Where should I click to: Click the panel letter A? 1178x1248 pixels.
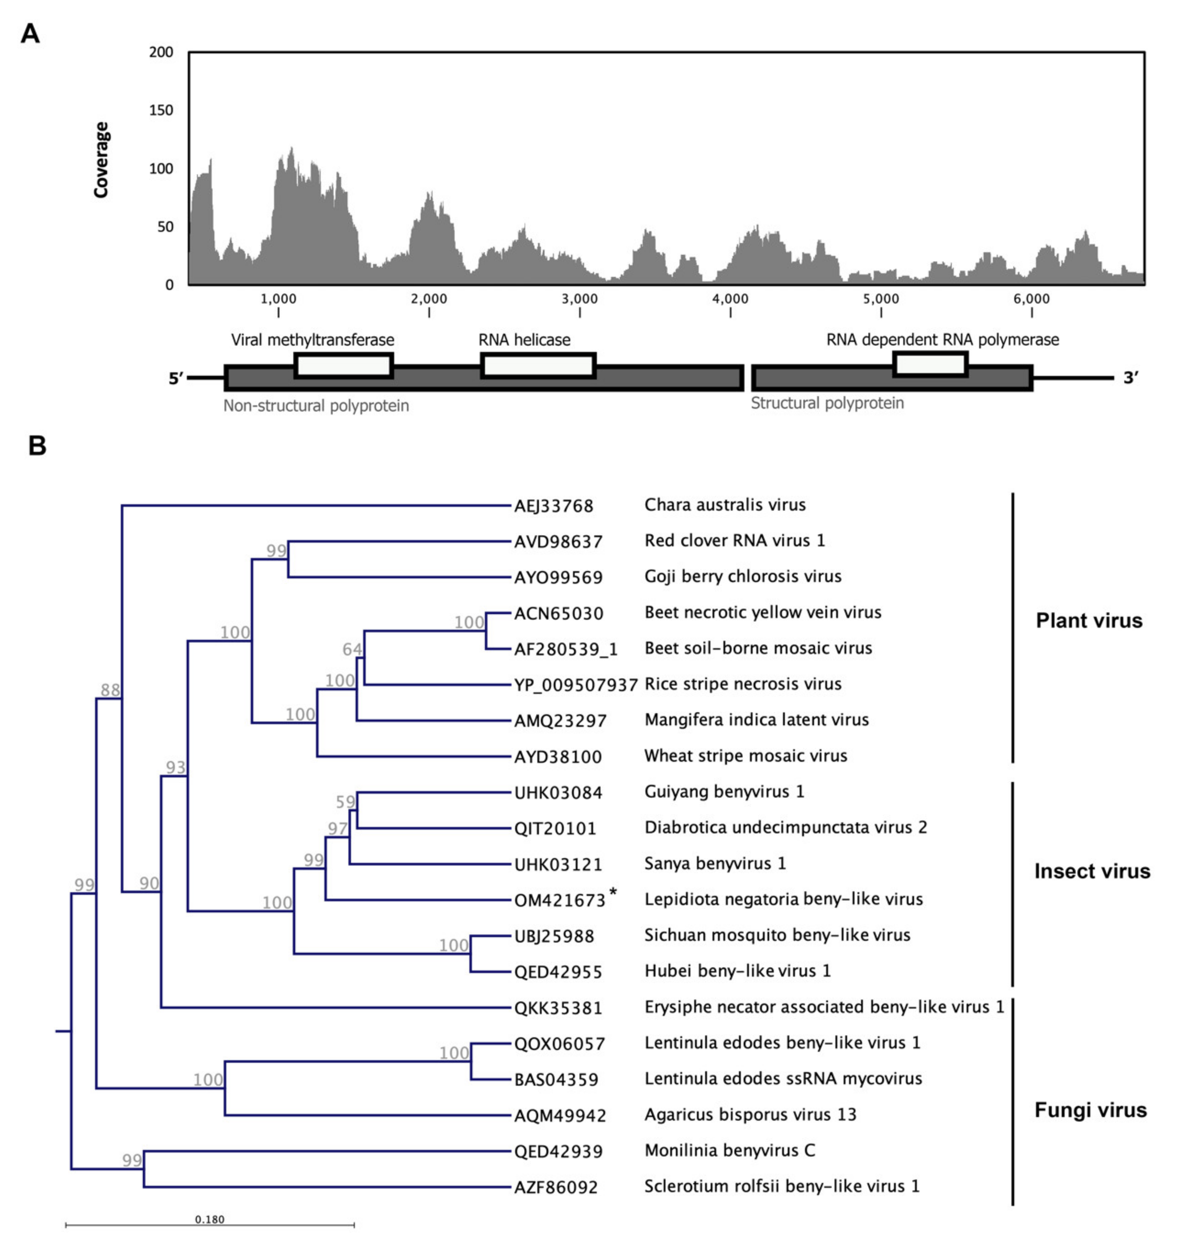point(30,33)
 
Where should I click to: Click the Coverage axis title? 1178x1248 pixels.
point(101,160)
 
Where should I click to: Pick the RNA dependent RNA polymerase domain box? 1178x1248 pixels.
point(930,364)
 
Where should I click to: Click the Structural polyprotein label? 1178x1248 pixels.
point(827,403)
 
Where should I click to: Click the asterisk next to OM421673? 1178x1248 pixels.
point(613,894)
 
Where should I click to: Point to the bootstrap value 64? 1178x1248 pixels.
point(352,649)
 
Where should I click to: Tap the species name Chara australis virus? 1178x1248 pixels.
point(725,505)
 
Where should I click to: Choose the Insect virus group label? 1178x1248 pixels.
point(1092,871)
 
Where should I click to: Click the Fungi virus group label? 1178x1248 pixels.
point(1090,1111)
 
